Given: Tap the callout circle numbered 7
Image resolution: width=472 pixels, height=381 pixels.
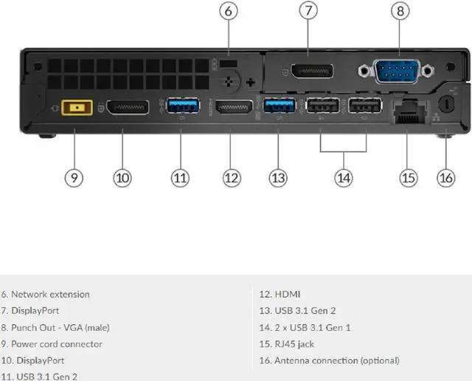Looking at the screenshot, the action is pos(309,11).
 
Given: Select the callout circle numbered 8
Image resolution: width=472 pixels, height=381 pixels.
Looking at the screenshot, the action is pos(400,11).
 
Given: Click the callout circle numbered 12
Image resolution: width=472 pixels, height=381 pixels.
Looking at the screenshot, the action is pos(232,177).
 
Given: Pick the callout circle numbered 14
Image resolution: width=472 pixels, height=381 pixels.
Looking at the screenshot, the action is pos(344,177).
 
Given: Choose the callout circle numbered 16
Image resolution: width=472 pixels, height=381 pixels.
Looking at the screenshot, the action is pos(446,177).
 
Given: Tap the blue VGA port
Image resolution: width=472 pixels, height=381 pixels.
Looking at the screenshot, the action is pos(399,72).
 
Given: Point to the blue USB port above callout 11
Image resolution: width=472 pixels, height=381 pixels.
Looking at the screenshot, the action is pos(182,107).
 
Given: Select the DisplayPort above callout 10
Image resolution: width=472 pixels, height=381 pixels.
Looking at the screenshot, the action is pos(127,108).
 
